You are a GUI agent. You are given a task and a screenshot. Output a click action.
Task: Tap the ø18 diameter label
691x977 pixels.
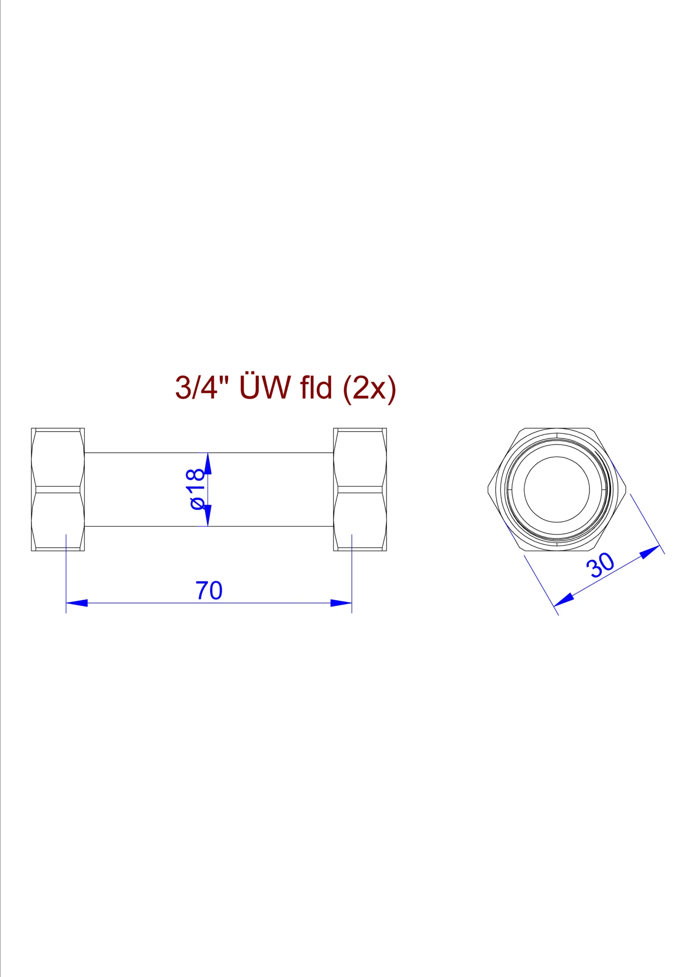(197, 489)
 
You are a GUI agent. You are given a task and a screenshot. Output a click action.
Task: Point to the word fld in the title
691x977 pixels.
(316, 387)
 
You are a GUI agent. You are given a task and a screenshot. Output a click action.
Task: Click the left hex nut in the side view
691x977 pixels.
(58, 489)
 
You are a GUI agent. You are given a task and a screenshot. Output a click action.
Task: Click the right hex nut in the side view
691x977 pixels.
(360, 489)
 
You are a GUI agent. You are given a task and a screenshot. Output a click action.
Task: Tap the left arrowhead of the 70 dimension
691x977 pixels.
(77, 603)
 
